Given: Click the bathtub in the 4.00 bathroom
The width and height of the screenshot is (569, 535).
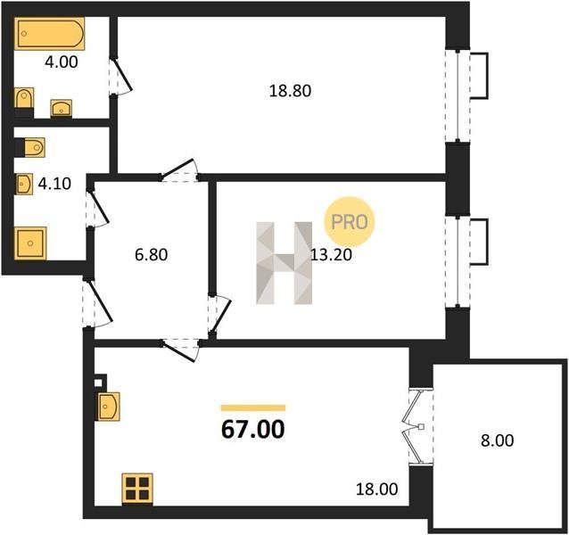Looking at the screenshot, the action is click(50, 33).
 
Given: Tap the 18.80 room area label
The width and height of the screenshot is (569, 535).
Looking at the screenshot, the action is click(290, 91).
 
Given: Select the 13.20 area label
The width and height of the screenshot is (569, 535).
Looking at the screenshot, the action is click(331, 255).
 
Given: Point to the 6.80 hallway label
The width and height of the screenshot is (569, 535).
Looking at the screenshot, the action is click(152, 255).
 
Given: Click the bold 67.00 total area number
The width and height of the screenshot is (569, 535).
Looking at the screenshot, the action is click(253, 430).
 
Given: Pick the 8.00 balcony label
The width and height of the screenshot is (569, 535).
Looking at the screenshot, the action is click(497, 440).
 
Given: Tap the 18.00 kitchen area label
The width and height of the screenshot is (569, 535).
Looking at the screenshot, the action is click(376, 490).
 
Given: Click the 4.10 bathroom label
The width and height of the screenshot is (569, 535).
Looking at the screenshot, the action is click(54, 184).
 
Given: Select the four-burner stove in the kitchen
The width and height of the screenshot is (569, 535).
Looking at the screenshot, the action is click(137, 489).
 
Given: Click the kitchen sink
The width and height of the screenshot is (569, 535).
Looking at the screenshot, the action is click(108, 407).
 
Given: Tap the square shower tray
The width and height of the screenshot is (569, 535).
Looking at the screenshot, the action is click(30, 243).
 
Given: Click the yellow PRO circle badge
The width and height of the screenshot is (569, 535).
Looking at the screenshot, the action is click(349, 222).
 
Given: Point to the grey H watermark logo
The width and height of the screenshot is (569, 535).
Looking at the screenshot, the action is click(284, 263).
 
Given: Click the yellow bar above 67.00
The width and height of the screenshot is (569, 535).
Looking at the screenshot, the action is click(253, 408).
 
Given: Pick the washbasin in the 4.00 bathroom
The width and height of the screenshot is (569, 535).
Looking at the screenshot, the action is click(61, 108).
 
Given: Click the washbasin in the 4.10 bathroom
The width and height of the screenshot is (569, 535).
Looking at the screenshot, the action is click(24, 184).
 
